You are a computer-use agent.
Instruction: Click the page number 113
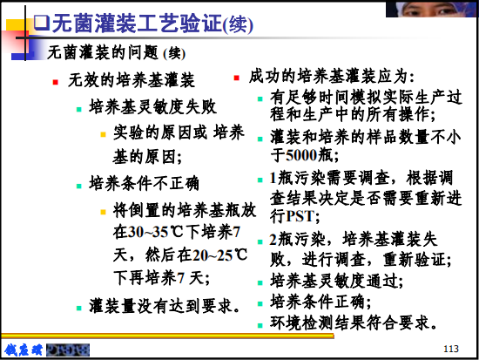pyautogui.click(x=451, y=349)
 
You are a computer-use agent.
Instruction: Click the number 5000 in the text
pyautogui.click(x=301, y=155)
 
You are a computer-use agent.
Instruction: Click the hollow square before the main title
pyautogui.click(x=42, y=22)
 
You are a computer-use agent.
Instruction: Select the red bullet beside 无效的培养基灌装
pyautogui.click(x=55, y=82)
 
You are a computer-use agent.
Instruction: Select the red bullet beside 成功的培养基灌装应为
pyautogui.click(x=236, y=78)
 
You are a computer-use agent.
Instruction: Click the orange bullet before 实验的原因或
pyautogui.click(x=104, y=134)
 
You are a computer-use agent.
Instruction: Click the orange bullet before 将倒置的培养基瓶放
pyautogui.click(x=104, y=212)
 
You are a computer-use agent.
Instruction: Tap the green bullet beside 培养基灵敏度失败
pyautogui.click(x=79, y=109)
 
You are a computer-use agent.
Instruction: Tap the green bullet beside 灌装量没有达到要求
pyautogui.click(x=79, y=308)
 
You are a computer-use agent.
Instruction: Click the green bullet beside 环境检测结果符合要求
pyautogui.click(x=260, y=325)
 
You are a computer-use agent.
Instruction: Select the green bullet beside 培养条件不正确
pyautogui.click(x=79, y=186)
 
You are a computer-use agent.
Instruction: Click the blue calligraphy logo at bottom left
pyautogui.click(x=24, y=350)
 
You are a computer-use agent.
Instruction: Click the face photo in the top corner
pyautogui.click(x=431, y=9)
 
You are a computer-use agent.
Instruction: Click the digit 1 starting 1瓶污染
pyautogui.click(x=273, y=178)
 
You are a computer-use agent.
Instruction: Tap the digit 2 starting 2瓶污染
pyautogui.click(x=273, y=239)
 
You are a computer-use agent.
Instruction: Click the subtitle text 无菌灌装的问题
pyautogui.click(x=103, y=52)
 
